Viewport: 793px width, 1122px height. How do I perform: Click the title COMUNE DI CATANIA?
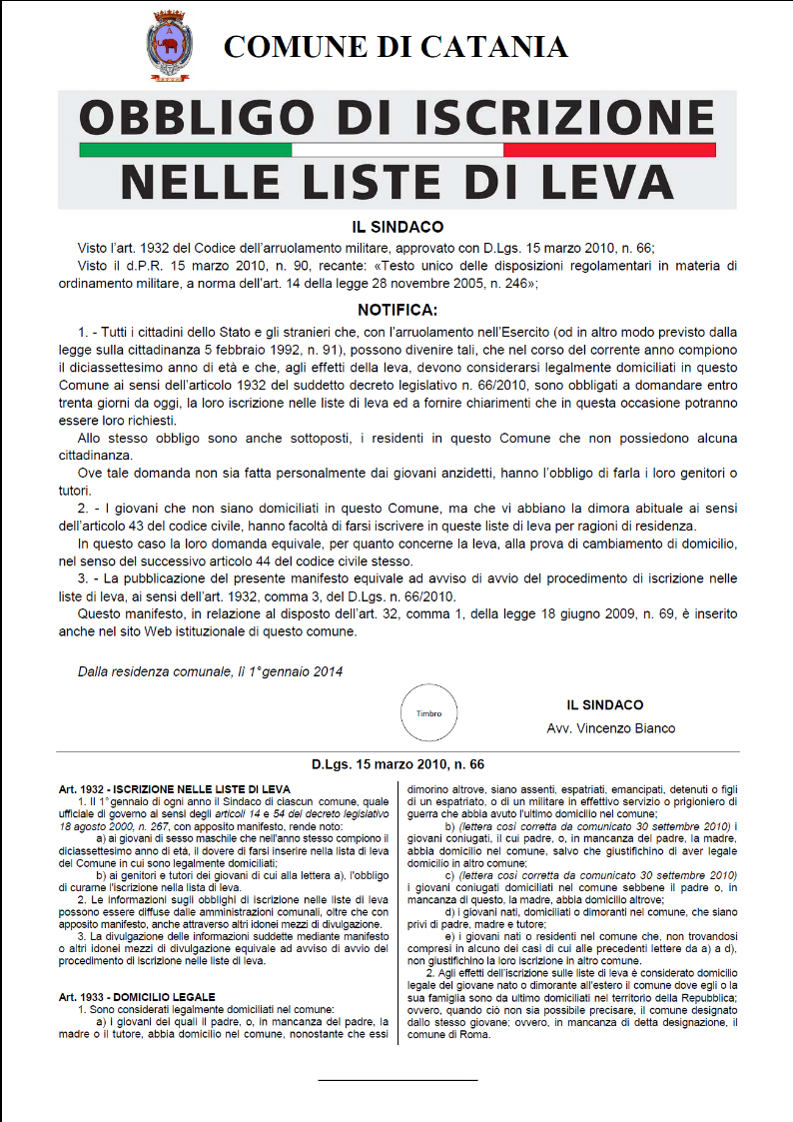pos(396,46)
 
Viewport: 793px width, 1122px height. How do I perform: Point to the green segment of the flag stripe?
pos(185,150)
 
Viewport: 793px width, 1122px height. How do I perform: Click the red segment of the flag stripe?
pos(609,150)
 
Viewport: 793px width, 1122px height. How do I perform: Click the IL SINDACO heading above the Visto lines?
pos(397,228)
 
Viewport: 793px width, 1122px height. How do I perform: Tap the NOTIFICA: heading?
pos(397,310)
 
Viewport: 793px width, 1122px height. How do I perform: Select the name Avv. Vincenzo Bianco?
pos(611,727)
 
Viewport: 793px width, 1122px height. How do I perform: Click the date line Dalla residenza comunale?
pos(210,671)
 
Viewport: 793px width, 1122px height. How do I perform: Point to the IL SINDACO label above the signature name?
pos(605,704)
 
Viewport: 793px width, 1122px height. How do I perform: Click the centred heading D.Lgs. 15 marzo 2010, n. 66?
pos(397,764)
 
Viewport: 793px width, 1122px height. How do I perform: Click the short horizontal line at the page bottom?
pos(397,1080)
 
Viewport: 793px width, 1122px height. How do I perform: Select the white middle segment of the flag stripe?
pos(397,150)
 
